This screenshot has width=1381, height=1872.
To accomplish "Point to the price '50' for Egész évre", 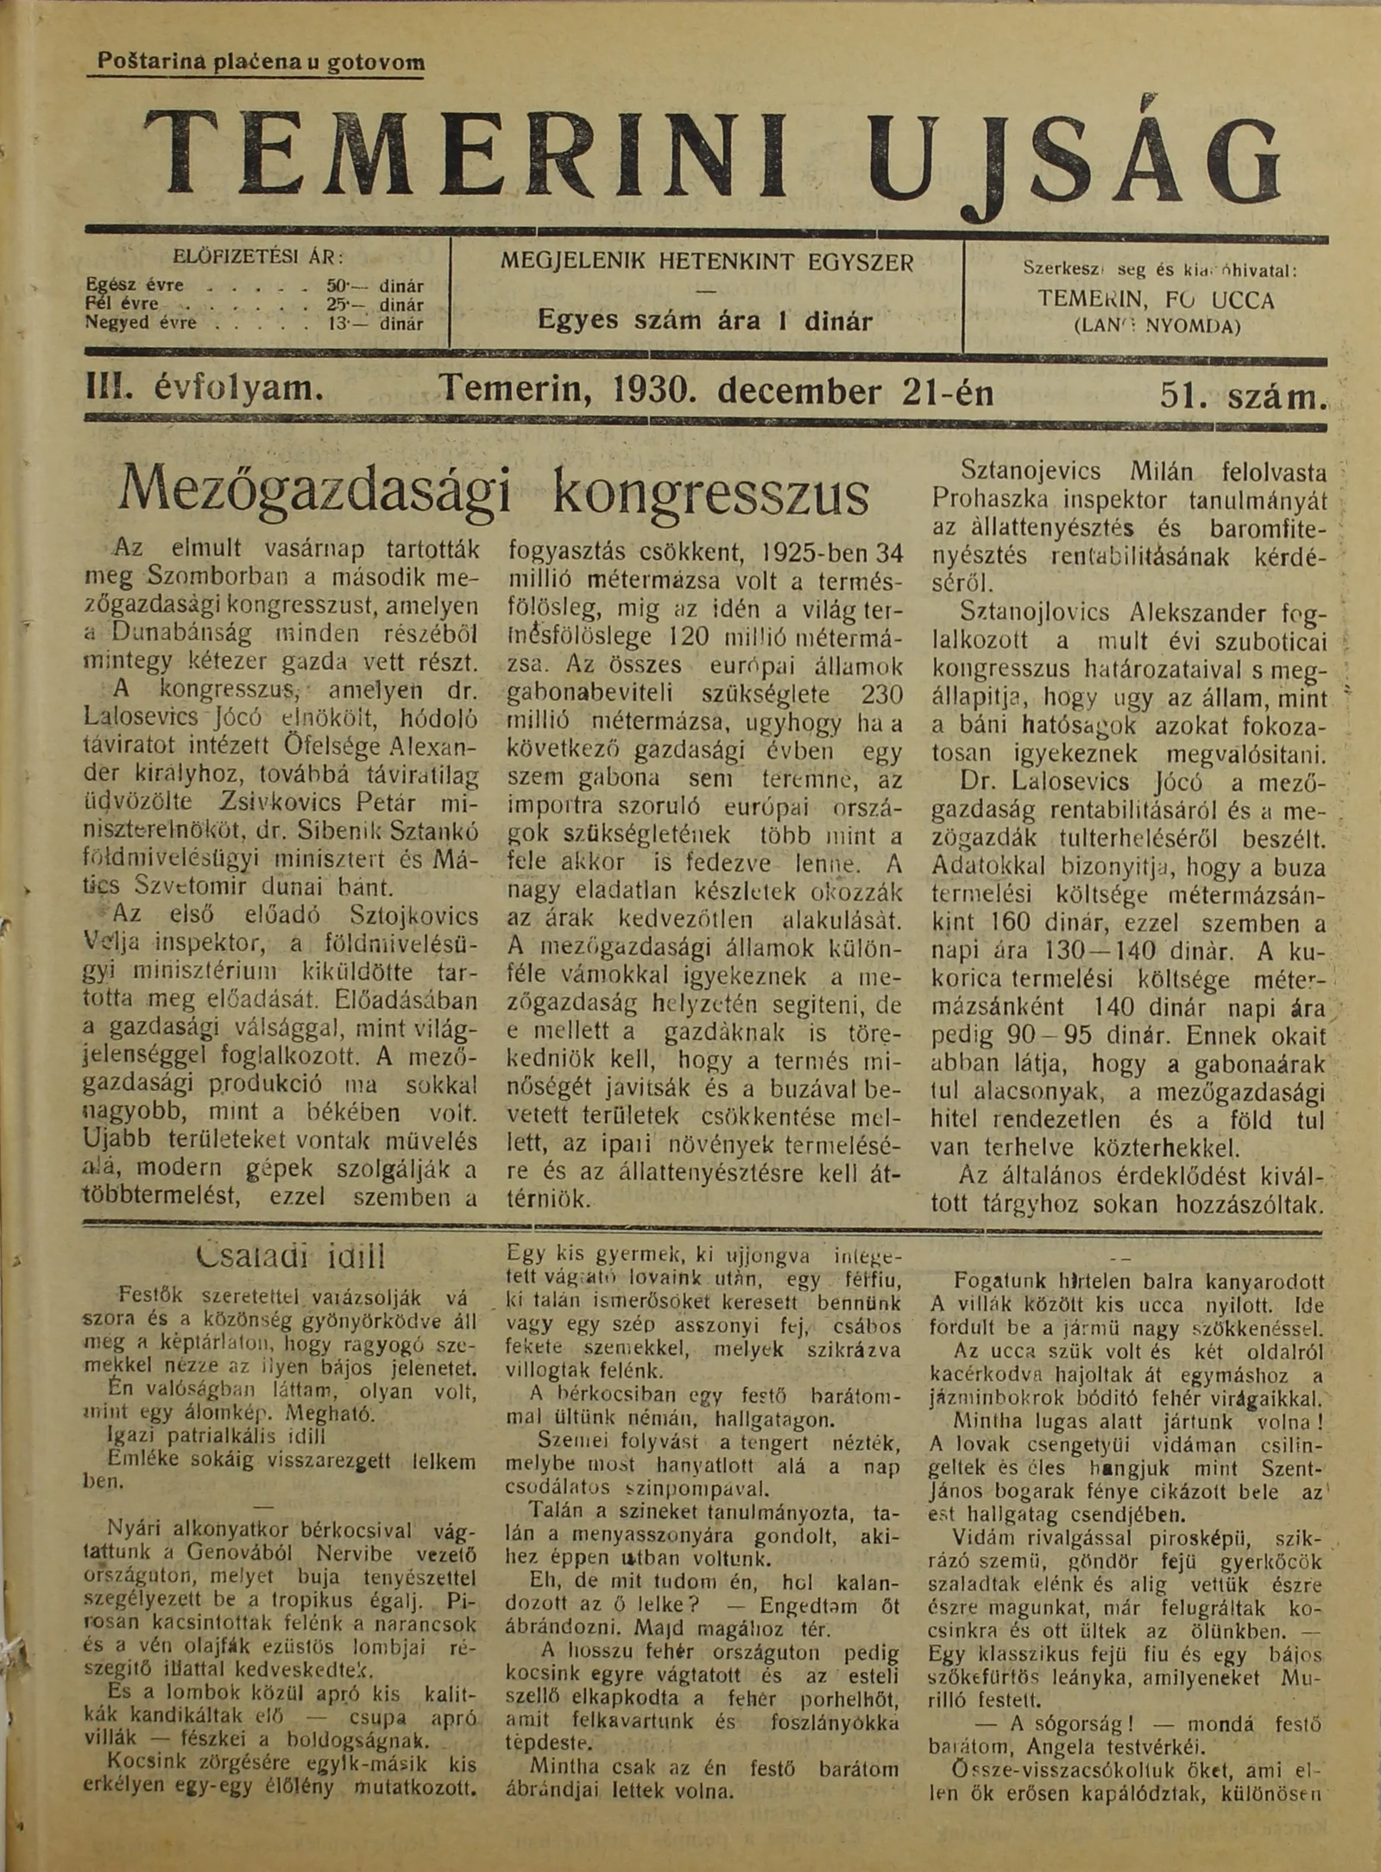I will point(337,286).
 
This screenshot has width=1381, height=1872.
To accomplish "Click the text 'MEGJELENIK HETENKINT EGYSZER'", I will point(707,262).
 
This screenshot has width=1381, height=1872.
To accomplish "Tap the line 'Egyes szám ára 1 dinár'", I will point(704,321).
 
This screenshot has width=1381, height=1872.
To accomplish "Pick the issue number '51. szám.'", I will point(1241,394).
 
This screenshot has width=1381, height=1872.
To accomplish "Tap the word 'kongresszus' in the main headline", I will point(709,492).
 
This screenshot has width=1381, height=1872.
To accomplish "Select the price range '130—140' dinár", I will point(1117,951).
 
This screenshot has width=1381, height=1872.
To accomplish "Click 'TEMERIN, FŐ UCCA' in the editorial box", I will point(1156,300).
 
